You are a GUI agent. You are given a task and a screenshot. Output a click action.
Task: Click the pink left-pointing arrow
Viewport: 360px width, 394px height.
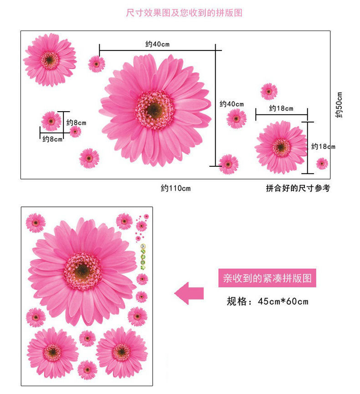pyautogui.click(x=189, y=292)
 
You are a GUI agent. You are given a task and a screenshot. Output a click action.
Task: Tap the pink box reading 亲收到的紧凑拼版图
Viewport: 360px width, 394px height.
pyautogui.click(x=267, y=277)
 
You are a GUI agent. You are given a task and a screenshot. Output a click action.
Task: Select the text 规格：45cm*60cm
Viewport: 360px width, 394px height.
pyautogui.click(x=267, y=301)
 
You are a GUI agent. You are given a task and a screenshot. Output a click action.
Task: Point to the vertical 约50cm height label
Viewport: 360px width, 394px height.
pyautogui.click(x=339, y=105)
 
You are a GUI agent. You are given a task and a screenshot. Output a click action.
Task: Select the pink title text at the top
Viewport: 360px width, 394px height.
pyautogui.click(x=184, y=13)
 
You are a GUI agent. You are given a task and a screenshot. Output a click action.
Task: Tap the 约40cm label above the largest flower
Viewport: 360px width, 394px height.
pyautogui.click(x=157, y=44)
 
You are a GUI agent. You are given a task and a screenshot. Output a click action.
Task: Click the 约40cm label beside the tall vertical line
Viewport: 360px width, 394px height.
pyautogui.click(x=231, y=104)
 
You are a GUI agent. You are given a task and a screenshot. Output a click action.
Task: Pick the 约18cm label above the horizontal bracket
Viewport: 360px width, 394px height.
pyautogui.click(x=281, y=108)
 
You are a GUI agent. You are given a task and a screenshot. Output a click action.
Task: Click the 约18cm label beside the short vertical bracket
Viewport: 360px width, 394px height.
pyautogui.click(x=323, y=146)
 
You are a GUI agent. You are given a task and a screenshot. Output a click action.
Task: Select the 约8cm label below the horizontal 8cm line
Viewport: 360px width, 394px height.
pyautogui.click(x=52, y=139)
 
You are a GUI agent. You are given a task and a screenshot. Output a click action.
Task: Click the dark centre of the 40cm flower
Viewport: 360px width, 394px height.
pyautogui.click(x=155, y=109)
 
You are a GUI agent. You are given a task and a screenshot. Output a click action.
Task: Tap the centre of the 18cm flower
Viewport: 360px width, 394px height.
pyautogui.click(x=281, y=147)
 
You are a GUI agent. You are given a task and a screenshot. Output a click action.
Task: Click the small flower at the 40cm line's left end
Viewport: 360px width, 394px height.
pyautogui.click(x=97, y=64)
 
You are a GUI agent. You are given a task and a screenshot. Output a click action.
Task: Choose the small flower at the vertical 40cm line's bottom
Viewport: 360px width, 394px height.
pyautogui.click(x=228, y=164)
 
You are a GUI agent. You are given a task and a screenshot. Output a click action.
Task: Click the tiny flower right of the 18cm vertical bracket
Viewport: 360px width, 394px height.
pyautogui.click(x=322, y=163)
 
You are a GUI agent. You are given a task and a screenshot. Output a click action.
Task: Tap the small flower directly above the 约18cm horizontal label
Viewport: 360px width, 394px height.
pyautogui.click(x=269, y=91)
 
